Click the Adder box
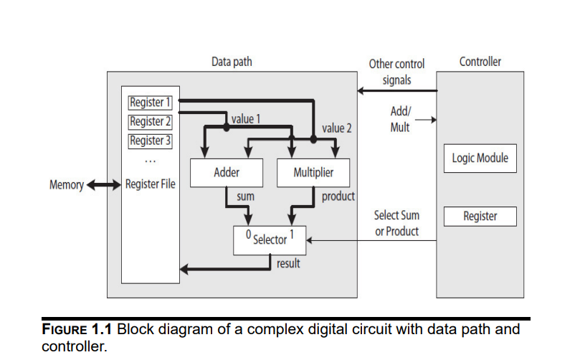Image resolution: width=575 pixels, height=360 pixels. click(x=226, y=173)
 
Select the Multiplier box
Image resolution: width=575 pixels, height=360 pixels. click(x=313, y=173)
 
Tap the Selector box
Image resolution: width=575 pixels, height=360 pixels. click(x=270, y=240)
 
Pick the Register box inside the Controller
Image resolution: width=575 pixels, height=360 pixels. click(x=480, y=216)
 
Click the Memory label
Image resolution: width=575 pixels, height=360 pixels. click(x=66, y=185)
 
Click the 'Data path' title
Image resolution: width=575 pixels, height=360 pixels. click(x=232, y=62)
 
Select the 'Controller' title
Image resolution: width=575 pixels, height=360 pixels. click(x=480, y=62)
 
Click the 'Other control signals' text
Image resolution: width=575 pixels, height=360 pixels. click(x=396, y=72)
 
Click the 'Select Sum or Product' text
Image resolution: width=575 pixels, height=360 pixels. click(x=396, y=223)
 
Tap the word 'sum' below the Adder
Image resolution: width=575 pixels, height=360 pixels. click(x=245, y=195)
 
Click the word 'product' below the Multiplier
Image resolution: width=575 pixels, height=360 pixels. click(x=338, y=195)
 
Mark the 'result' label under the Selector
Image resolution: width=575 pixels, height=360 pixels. click(x=288, y=263)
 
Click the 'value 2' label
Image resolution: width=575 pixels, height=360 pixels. click(x=337, y=128)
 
